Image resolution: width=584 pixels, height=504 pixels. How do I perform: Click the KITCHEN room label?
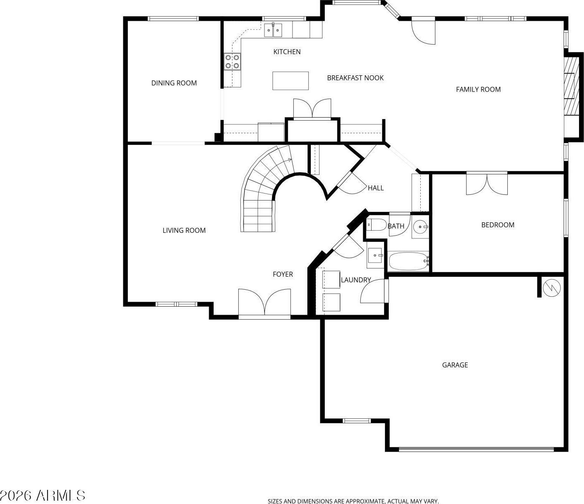coord(287,52)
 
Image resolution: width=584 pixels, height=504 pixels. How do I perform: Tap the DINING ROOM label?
coord(174,83)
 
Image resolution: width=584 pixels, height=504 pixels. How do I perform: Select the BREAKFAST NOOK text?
coord(355,78)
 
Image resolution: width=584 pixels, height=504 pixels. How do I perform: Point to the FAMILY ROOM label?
coord(478,89)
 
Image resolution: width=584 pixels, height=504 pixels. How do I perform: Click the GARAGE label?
coord(455,365)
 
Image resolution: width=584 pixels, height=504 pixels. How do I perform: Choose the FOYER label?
coord(283,274)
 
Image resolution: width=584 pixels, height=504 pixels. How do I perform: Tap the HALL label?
coord(376,188)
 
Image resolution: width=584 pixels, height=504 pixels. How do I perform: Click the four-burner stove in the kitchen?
coord(232,62)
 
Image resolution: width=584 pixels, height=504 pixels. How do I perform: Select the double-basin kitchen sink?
coord(273,30)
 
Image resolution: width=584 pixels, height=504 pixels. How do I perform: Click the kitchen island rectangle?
coord(290,81)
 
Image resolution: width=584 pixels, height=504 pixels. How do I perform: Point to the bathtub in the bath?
coord(409,261)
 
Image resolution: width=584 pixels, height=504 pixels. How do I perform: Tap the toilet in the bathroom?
coord(377,225)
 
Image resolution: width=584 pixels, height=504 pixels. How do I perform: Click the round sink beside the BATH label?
coord(420,226)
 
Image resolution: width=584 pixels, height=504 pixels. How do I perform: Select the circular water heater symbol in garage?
coord(552,288)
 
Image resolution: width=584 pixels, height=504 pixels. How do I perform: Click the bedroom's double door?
coord(487,184)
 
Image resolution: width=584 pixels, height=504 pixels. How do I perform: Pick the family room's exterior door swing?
coord(423,30)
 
